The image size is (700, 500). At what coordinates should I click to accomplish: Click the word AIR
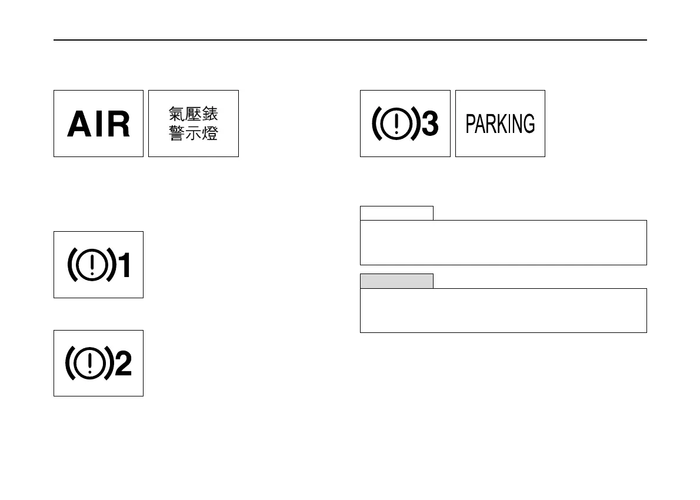pos(99,125)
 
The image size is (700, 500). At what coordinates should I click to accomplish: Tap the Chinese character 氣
pos(177,114)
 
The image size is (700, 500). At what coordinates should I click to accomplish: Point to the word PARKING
pos(500,124)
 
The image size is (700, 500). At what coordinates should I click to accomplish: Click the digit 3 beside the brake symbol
pos(431,124)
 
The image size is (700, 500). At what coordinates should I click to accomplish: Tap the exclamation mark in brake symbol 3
pos(397,124)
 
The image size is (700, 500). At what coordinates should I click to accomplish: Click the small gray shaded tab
pos(396,281)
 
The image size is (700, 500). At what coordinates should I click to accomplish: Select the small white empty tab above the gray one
pos(396,213)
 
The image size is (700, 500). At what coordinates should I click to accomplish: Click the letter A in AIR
pos(79,125)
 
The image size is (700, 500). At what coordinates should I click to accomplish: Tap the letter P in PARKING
pos(471,124)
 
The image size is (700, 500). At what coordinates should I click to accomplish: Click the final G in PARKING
pos(529,124)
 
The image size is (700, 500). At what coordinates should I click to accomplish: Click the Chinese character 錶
pos(210,114)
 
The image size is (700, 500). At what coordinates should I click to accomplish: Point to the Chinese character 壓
pos(194,114)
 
